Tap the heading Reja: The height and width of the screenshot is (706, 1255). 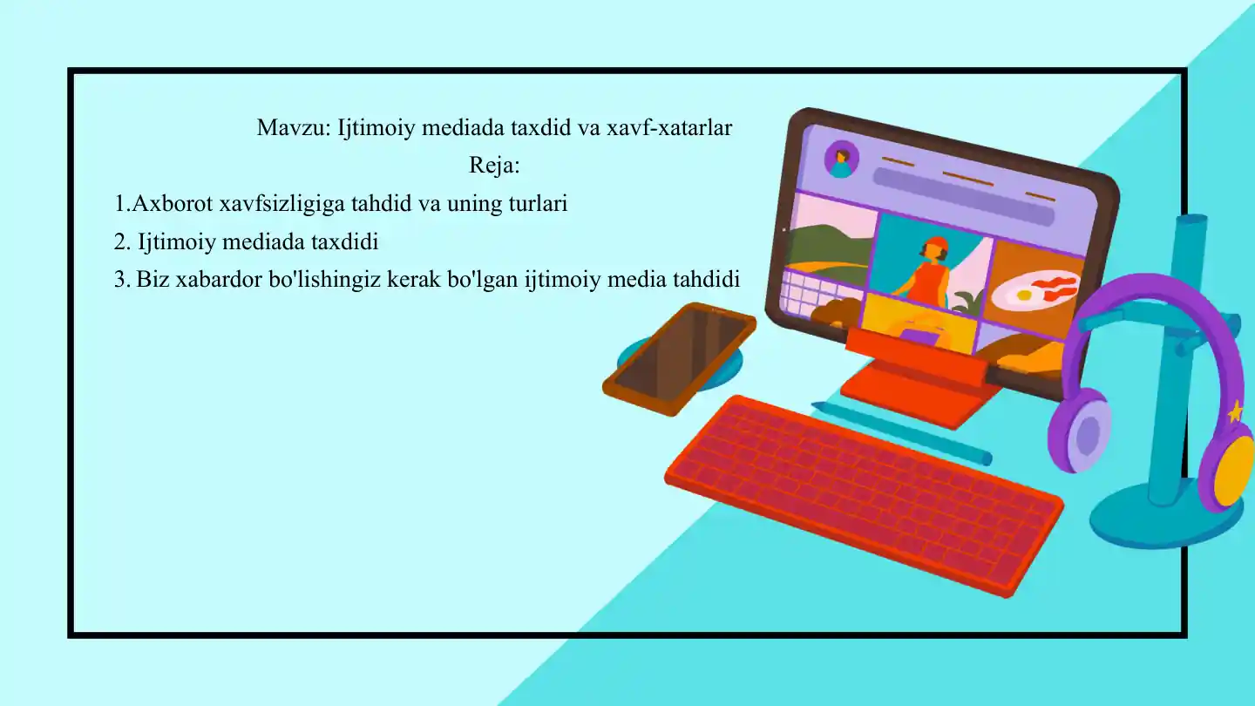pos(494,166)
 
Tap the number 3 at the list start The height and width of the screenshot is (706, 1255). pos(120,280)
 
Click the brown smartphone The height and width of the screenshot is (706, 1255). pos(679,357)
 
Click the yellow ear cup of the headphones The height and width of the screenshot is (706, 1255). pos(1234,472)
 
